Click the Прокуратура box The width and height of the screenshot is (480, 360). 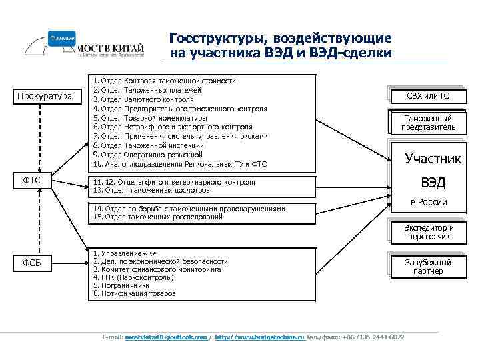44,97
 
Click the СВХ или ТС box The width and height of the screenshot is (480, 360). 428,96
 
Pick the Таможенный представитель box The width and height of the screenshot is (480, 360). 428,123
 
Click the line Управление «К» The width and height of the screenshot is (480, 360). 123,253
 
